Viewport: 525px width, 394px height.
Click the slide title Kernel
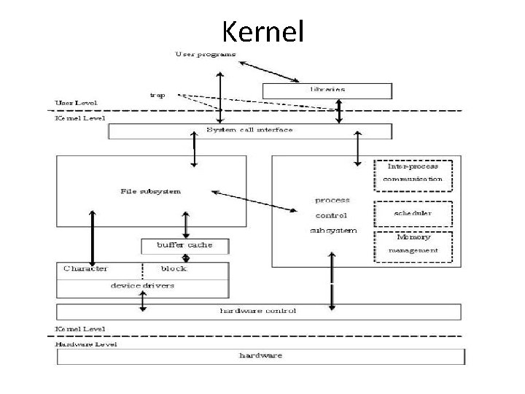[262, 31]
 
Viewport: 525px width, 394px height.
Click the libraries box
[327, 90]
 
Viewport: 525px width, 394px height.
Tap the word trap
[157, 95]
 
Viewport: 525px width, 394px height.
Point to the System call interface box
[250, 131]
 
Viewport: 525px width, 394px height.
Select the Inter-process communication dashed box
[413, 173]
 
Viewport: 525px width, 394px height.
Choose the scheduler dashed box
[413, 213]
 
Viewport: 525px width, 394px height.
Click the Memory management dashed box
[413, 244]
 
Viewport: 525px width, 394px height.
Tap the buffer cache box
[185, 245]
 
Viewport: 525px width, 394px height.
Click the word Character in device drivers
[85, 269]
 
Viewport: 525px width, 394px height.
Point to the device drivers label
[142, 285]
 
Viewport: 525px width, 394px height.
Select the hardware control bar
[259, 312]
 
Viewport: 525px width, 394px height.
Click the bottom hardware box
[260, 356]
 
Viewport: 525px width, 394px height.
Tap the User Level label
[77, 104]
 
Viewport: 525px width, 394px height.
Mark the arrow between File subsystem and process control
[254, 202]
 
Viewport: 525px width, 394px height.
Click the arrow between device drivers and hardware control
[143, 301]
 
